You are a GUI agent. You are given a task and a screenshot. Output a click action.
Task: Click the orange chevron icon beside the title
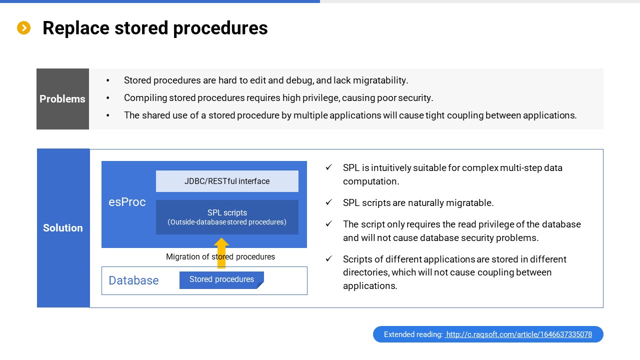pyautogui.click(x=23, y=28)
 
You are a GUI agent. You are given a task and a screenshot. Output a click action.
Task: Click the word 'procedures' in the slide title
pyautogui.click(x=220, y=28)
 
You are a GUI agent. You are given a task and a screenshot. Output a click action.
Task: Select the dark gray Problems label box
pyautogui.click(x=62, y=99)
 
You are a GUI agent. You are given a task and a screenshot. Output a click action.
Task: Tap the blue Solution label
pyautogui.click(x=63, y=228)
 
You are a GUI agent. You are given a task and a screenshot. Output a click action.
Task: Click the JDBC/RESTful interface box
pyautogui.click(x=227, y=181)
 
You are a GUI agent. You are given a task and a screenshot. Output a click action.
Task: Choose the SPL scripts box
pyautogui.click(x=227, y=217)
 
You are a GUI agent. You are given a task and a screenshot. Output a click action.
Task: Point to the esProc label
pyautogui.click(x=127, y=202)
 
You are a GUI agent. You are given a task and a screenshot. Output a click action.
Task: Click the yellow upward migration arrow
pyautogui.click(x=221, y=253)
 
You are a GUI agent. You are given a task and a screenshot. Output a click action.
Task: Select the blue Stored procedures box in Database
pyautogui.click(x=221, y=280)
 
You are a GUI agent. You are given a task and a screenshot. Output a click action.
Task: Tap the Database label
pyautogui.click(x=133, y=280)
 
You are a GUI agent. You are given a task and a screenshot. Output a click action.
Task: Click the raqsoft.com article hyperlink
pyautogui.click(x=518, y=334)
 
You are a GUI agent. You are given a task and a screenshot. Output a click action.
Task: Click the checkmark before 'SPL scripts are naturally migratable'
pyautogui.click(x=329, y=202)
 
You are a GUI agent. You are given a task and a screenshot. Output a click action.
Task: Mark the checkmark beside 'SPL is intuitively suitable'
pyautogui.click(x=329, y=167)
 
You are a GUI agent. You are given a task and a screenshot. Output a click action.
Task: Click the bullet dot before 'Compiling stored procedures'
pyautogui.click(x=107, y=98)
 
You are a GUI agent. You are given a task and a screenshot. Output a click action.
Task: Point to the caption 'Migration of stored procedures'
pyautogui.click(x=220, y=256)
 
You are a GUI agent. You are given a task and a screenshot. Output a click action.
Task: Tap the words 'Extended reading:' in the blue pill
pyautogui.click(x=413, y=334)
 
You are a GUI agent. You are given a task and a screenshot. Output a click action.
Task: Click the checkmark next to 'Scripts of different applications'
pyautogui.click(x=329, y=258)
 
